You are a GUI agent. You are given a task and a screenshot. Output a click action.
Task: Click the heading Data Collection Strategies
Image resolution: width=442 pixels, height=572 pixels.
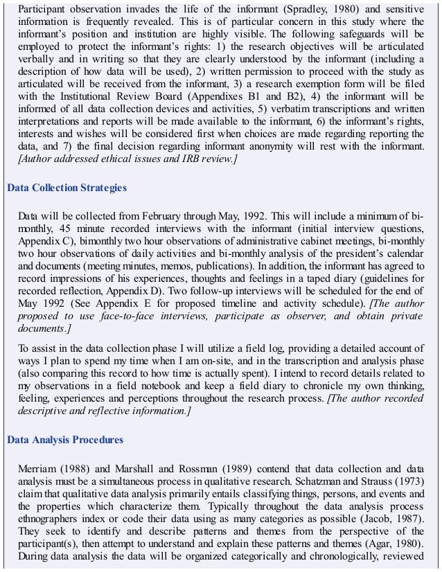click(x=67, y=188)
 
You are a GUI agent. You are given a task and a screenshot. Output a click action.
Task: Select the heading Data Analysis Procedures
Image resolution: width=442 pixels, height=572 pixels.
click(x=64, y=440)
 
